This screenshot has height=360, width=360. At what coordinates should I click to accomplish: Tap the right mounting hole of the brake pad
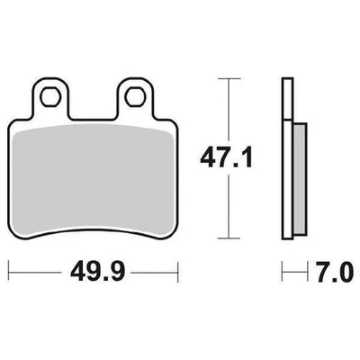pos(137,93)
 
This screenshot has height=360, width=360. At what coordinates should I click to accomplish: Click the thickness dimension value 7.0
pos(320,268)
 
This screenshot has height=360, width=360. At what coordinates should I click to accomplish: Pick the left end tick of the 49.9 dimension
pos(9,268)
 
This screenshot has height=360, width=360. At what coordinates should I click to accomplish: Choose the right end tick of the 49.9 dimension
pos(180,268)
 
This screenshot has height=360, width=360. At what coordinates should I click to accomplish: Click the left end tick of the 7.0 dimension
pos(283,268)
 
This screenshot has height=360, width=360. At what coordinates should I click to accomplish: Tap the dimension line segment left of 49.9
pos(36,268)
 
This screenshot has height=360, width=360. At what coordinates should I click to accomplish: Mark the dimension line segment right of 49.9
pos(153,268)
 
